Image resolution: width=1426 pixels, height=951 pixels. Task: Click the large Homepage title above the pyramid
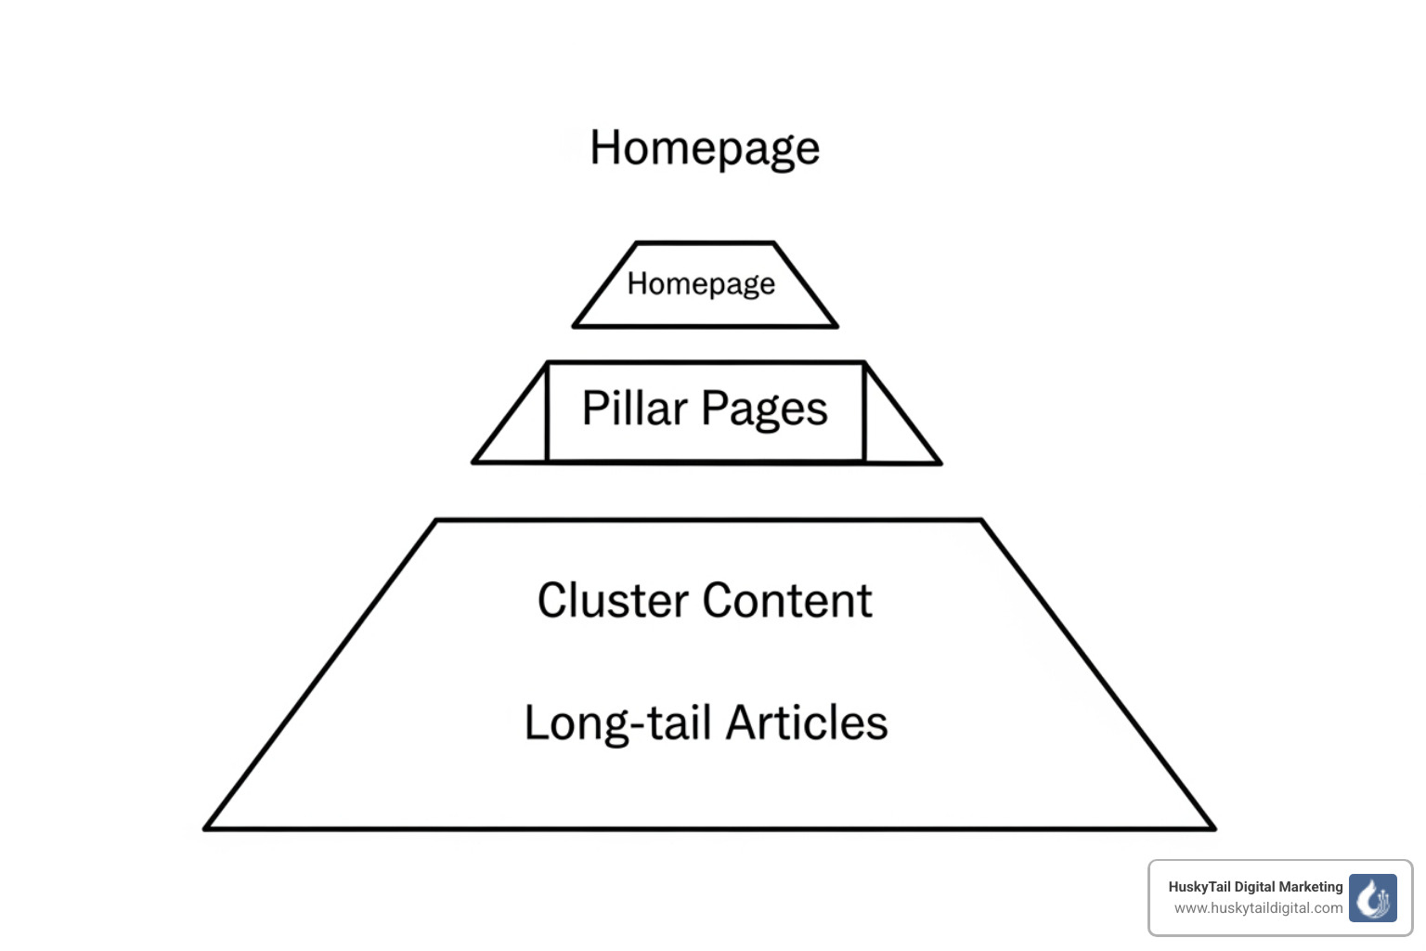point(705,149)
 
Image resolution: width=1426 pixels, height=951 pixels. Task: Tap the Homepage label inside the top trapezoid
point(701,283)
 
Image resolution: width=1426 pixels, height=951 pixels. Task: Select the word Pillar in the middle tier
point(634,409)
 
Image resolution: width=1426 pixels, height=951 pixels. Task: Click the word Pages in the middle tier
point(764,410)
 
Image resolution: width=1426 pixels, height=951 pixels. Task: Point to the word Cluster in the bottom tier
point(613,600)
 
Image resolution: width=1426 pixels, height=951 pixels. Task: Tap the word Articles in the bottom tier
point(807,723)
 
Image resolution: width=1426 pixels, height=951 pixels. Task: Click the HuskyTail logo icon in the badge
point(1372,897)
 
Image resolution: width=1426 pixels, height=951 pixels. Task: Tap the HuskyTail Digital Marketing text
point(1255,887)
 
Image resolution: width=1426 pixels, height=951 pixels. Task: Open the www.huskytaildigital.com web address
point(1258,908)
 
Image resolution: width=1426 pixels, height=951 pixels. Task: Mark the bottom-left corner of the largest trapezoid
point(206,827)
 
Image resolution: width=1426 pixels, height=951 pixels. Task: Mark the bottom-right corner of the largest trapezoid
point(1213,827)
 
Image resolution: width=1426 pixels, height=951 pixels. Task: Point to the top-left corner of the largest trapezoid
point(436,521)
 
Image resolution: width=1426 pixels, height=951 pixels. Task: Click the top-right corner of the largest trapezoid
point(980,521)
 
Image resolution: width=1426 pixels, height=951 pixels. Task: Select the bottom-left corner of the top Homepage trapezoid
point(575,326)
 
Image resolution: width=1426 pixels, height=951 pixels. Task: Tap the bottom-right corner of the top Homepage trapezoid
point(836,326)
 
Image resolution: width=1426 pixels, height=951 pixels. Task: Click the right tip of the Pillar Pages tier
point(940,462)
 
